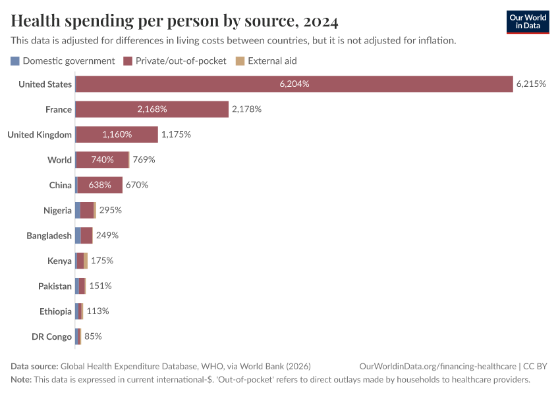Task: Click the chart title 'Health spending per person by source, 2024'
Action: coord(175,22)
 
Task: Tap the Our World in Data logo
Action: coord(527,22)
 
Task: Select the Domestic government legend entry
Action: coord(63,61)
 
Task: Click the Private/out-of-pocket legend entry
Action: coord(175,61)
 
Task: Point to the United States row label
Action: coord(45,84)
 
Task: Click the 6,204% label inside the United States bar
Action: coord(294,84)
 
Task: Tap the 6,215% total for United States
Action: coord(531,84)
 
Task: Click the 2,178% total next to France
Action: coord(246,109)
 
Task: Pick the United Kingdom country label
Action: coord(40,134)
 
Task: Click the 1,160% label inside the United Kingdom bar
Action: coord(117,134)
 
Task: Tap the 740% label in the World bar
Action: coord(102,160)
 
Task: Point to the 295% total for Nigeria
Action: coord(111,210)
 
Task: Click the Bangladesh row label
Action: coord(49,236)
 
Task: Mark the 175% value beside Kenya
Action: coord(102,261)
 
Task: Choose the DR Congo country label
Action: coord(51,336)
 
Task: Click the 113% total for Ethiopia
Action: coord(98,311)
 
